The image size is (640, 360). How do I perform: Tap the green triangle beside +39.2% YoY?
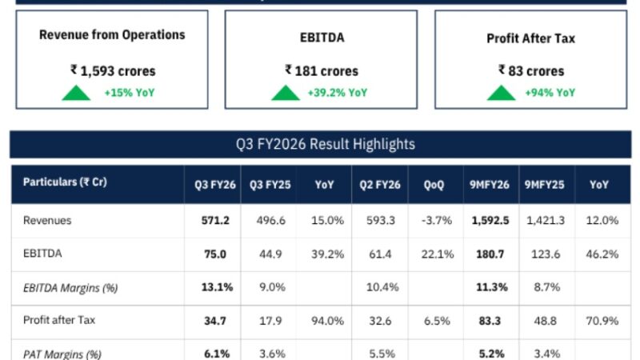tap(286, 93)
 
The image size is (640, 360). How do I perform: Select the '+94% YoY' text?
tap(550, 93)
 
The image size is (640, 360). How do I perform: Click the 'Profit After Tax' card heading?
tap(530, 38)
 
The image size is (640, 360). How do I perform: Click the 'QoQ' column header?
tap(436, 184)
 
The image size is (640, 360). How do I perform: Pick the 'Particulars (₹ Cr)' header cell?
tap(66, 182)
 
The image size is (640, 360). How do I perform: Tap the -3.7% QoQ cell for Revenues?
tap(436, 220)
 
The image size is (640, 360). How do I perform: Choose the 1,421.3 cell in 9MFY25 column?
tap(546, 220)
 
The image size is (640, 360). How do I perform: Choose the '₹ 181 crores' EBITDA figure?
tap(322, 70)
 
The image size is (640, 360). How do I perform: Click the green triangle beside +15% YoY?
tap(77, 93)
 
